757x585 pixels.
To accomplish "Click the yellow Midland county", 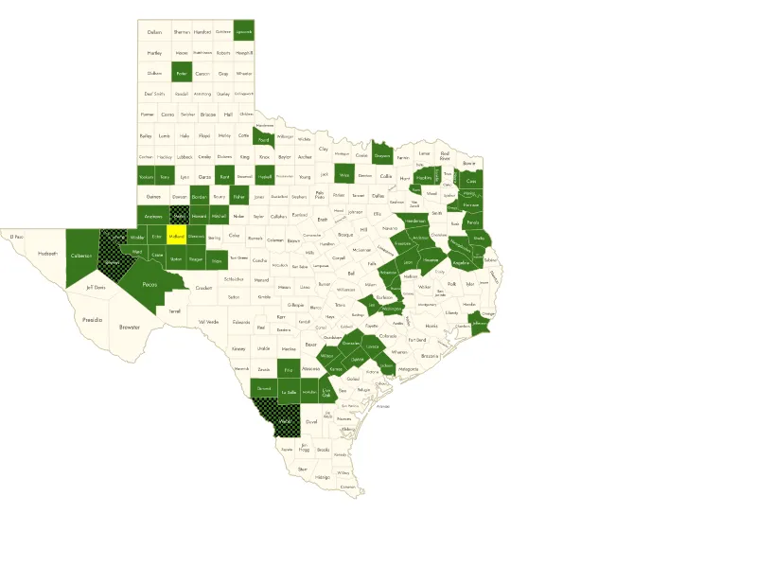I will click(177, 237).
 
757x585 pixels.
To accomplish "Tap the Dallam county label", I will click(154, 32).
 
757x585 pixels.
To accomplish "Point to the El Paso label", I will click(15, 237).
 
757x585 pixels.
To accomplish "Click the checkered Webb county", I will click(285, 419).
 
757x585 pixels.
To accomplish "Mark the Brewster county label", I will click(129, 328).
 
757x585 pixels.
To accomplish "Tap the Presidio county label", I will click(92, 320).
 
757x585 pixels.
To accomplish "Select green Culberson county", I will click(81, 256).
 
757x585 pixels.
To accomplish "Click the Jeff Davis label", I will click(95, 288).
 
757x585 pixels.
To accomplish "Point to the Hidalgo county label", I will click(323, 477).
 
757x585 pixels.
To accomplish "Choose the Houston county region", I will click(431, 258).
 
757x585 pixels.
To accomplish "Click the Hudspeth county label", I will click(47, 254).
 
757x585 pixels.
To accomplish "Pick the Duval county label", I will click(311, 422).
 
